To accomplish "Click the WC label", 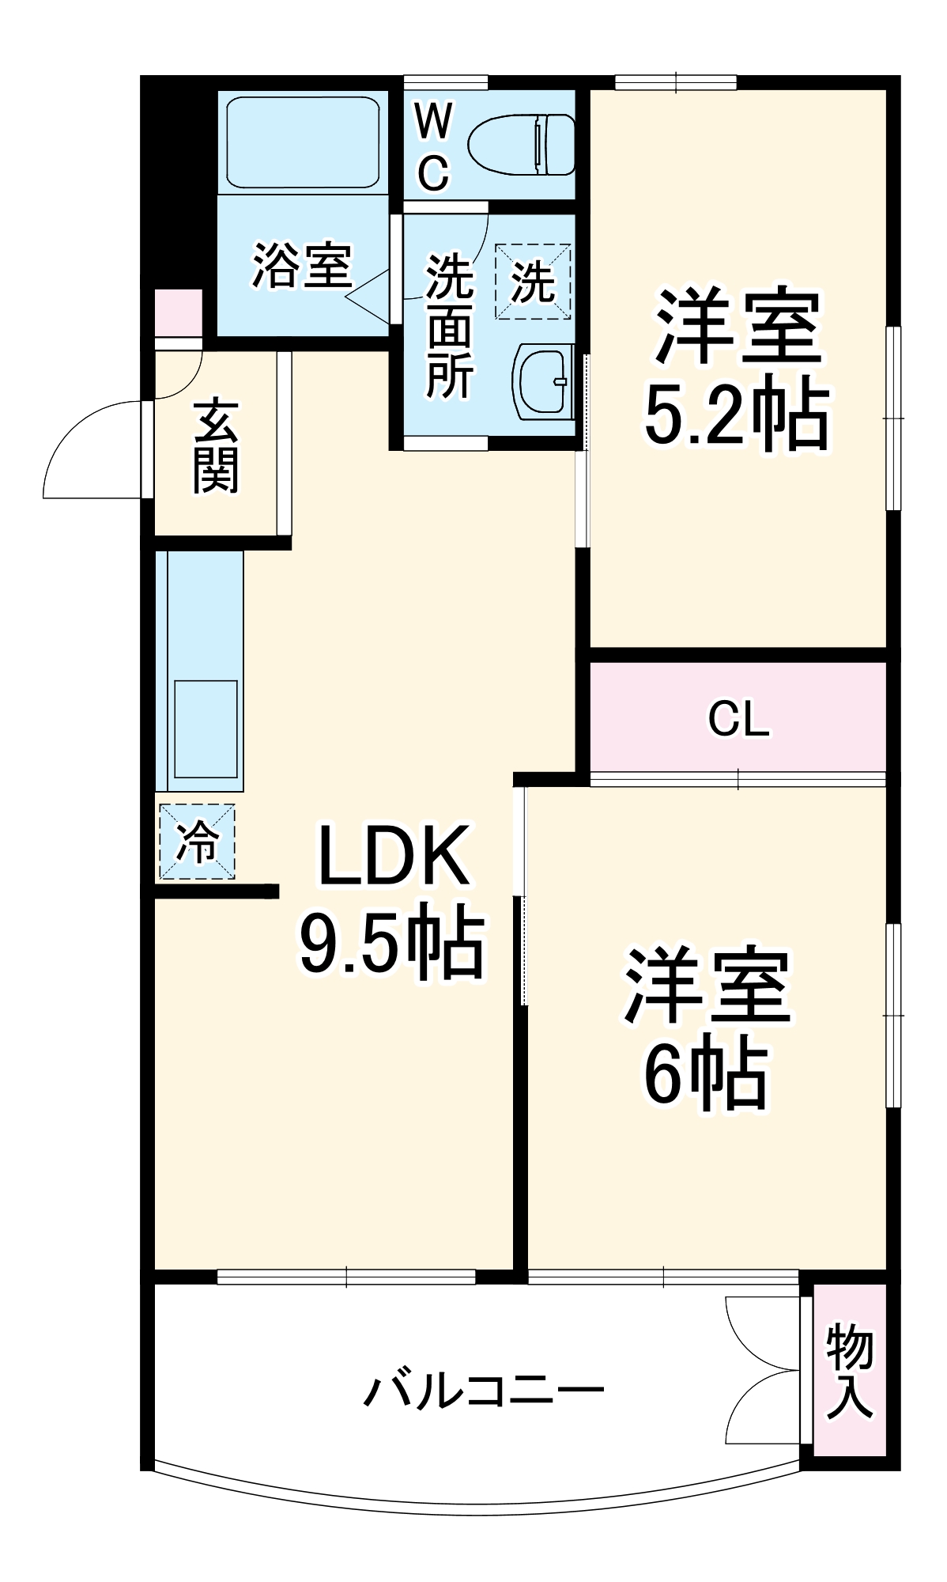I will tap(433, 147).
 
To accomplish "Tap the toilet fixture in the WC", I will tap(523, 144).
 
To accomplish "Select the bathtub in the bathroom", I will tap(303, 142).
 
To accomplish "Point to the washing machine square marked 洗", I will tap(533, 281).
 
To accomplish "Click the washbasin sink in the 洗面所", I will tap(544, 382).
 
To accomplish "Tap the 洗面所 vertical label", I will tap(449, 325).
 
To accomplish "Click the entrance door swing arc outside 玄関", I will tap(91, 451).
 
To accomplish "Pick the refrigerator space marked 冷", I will tap(197, 841).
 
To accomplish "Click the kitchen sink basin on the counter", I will tap(206, 729).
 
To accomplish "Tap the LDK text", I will tap(393, 856).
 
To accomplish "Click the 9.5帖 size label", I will tap(391, 941).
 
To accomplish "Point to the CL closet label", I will tap(738, 718).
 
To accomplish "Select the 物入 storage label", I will tap(850, 1372).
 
